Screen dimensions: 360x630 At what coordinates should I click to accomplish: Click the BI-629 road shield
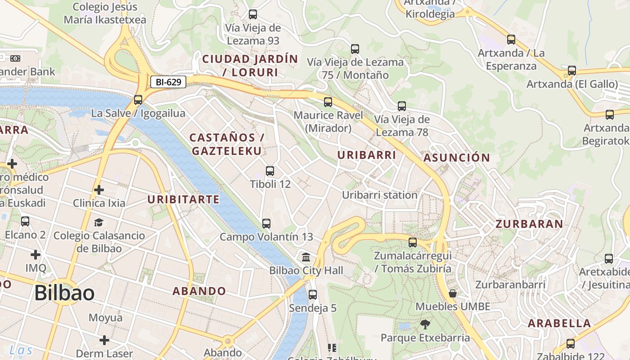[168, 82]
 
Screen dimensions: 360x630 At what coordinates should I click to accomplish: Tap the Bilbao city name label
[64, 293]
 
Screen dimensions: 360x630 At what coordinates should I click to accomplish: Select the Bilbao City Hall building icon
[306, 257]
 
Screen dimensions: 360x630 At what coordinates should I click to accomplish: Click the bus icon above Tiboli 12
[270, 171]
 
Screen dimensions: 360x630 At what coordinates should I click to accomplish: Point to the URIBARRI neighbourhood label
[367, 155]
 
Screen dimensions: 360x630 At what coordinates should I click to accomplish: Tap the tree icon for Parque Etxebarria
[425, 324]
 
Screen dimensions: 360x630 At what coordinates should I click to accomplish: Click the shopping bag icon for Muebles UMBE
[453, 293]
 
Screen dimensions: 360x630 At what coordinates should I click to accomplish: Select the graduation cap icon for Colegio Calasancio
[99, 222]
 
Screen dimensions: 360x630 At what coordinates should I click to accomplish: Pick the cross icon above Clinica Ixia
[99, 190]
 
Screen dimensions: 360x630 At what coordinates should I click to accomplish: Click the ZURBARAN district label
[529, 224]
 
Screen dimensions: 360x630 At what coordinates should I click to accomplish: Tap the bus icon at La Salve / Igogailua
[138, 100]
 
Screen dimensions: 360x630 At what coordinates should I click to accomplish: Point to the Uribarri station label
[380, 195]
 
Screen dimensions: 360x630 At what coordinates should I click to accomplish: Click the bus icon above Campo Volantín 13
[266, 223]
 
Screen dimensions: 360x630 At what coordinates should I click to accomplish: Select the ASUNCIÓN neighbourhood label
[456, 157]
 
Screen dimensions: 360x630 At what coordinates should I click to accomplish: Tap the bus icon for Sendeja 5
[313, 295]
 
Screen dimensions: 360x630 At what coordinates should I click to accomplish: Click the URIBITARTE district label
[184, 199]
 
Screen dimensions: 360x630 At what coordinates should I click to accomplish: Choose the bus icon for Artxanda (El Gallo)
[571, 71]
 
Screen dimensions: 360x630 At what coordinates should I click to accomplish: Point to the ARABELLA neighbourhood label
[559, 323]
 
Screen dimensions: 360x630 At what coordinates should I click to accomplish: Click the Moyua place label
[105, 318]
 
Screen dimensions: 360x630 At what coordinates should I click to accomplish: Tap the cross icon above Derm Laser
[104, 340]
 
